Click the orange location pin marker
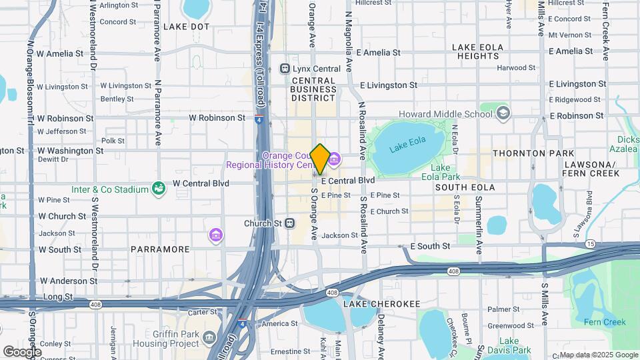[x=320, y=159]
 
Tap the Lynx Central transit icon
[x=285, y=68]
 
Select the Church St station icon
[x=290, y=223]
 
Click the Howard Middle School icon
[x=503, y=114]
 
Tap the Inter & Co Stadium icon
[x=159, y=189]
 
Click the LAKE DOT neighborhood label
[x=186, y=27]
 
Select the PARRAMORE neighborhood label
[x=161, y=249]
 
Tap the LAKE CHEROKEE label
[x=382, y=304]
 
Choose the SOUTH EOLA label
[x=465, y=187]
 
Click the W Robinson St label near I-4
[x=217, y=117]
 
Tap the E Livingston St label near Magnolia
[x=388, y=85]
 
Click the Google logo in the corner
[x=22, y=351]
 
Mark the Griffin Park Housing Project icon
[x=209, y=337]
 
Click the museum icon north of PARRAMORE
[x=215, y=235]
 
